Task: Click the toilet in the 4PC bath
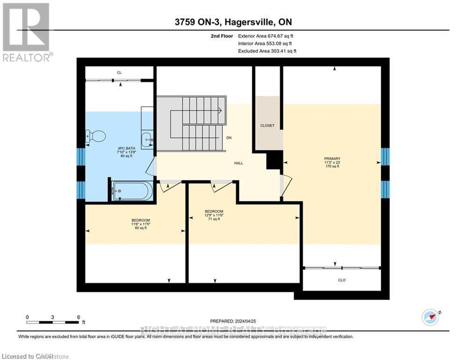point(97,136)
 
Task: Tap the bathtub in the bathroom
point(132,191)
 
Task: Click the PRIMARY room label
point(332,158)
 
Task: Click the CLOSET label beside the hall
point(267,126)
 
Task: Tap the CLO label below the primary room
point(342,280)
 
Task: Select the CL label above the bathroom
point(119,73)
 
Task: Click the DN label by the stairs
point(229,138)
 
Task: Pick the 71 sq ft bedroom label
point(214,215)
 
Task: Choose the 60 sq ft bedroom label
point(141,224)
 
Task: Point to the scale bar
point(52,322)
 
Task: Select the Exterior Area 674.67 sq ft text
point(266,36)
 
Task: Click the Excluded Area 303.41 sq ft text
point(267,51)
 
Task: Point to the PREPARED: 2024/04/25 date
point(233,321)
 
